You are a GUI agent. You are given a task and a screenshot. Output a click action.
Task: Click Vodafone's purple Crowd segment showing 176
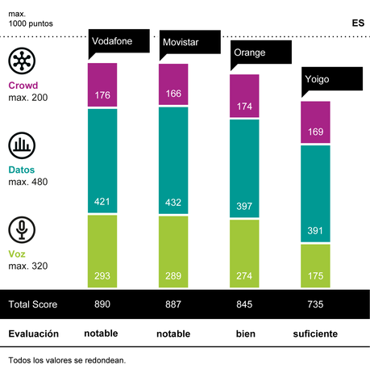(x=102, y=84)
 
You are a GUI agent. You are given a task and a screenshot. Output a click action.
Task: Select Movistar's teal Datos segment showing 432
(x=173, y=160)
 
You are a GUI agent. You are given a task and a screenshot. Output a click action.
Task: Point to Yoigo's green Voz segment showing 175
(x=315, y=266)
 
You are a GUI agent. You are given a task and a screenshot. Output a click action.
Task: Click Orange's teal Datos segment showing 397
(x=244, y=168)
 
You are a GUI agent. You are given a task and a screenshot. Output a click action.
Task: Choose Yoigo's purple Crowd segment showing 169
(x=315, y=123)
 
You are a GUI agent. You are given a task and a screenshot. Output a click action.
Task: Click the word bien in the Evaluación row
(x=244, y=334)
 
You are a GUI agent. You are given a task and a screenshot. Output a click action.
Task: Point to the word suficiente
(x=315, y=334)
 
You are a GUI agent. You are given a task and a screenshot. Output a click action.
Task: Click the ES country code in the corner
(x=357, y=22)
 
